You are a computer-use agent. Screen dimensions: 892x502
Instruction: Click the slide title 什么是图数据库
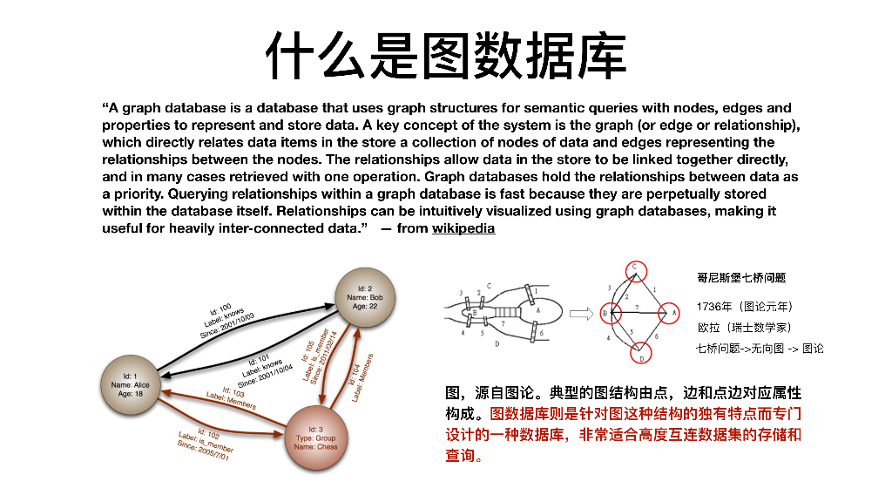click(445, 54)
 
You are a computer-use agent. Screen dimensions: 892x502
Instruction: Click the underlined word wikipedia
click(463, 228)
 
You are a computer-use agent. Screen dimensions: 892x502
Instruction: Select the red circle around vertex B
click(605, 312)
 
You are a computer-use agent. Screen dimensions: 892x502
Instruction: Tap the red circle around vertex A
click(668, 311)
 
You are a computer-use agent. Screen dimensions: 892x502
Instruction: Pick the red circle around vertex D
click(641, 354)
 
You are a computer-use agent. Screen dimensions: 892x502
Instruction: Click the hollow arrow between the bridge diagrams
click(581, 312)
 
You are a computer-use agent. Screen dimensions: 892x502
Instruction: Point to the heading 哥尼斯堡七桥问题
click(741, 278)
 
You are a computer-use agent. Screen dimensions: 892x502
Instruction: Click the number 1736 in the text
click(709, 307)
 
